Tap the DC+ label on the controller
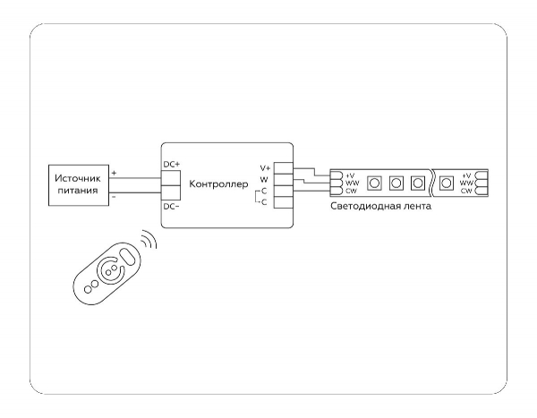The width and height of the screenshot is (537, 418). click(172, 164)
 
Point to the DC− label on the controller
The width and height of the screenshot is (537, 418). click(172, 207)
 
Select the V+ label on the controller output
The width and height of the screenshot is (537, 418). click(265, 168)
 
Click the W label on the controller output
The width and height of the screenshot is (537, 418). click(264, 180)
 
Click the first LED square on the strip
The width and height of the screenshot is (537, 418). click(375, 183)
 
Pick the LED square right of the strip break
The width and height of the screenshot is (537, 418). click(446, 183)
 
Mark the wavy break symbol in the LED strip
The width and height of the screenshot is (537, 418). click(431, 183)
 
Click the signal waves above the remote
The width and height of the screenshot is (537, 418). click(148, 240)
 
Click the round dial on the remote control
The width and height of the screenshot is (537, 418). click(107, 270)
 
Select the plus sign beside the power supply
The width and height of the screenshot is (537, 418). click(114, 171)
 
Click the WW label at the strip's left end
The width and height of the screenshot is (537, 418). click(351, 183)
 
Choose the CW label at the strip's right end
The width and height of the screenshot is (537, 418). click(466, 191)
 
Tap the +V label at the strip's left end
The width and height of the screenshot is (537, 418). click(350, 175)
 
